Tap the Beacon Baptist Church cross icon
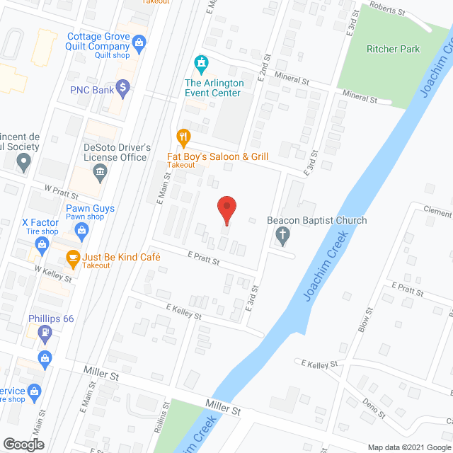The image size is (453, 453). pyautogui.click(x=284, y=236)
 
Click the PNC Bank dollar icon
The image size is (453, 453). pyautogui.click(x=123, y=88)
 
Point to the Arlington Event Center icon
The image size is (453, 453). pyautogui.click(x=202, y=64)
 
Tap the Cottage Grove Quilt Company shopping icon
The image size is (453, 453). pyautogui.click(x=139, y=45)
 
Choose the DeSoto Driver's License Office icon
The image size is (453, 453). pyautogui.click(x=100, y=171)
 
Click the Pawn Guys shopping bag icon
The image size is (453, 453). pyautogui.click(x=82, y=229)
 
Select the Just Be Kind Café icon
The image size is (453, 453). pyautogui.click(x=72, y=258)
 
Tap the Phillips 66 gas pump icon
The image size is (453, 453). pyautogui.click(x=46, y=331)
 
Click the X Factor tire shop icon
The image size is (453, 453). pyautogui.click(x=42, y=245)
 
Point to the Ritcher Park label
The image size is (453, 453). pyautogui.click(x=393, y=49)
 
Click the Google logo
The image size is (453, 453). pyautogui.click(x=23, y=444)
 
